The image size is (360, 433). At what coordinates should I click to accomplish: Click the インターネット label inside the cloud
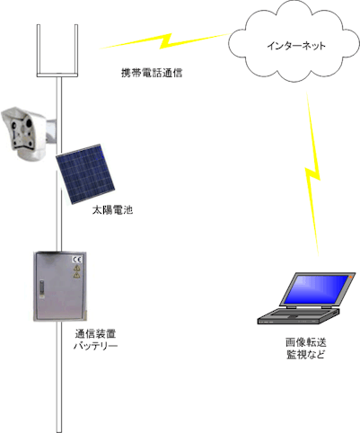pyautogui.click(x=295, y=46)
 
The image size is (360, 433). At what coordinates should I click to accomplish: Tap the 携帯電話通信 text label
pyautogui.click(x=152, y=73)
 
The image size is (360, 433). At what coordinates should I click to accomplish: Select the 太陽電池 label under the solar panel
pyautogui.click(x=112, y=210)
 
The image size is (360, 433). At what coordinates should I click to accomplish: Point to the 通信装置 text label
pyautogui.click(x=95, y=333)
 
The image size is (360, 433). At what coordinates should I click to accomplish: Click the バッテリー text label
pyautogui.click(x=95, y=346)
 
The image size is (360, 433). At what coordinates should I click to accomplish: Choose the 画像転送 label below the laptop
pyautogui.click(x=306, y=342)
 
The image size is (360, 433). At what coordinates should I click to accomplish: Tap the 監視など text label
pyautogui.click(x=306, y=355)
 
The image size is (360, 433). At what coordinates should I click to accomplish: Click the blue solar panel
pyautogui.click(x=85, y=174)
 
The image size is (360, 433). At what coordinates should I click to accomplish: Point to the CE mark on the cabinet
pyautogui.click(x=77, y=260)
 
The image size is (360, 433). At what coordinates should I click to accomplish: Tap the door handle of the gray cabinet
pyautogui.click(x=42, y=289)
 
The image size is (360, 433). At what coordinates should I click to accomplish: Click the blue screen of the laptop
pyautogui.click(x=316, y=289)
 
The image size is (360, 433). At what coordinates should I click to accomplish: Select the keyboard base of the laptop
pyautogui.click(x=299, y=316)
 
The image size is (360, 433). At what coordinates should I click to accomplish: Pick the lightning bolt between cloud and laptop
pyautogui.click(x=312, y=173)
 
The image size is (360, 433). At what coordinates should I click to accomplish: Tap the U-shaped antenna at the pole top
pyautogui.click(x=57, y=50)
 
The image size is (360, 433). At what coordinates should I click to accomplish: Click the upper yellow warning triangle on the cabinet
pyautogui.click(x=77, y=268)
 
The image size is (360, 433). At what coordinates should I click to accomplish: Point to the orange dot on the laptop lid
pyautogui.click(x=350, y=278)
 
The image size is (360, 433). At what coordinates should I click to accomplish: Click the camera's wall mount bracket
pyautogui.click(x=51, y=131)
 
